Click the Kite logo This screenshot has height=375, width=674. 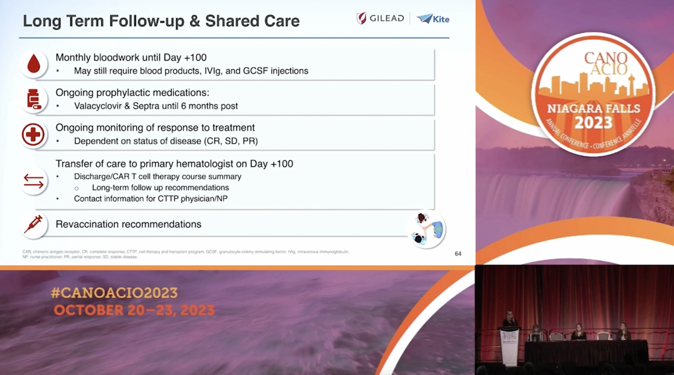point(433,19)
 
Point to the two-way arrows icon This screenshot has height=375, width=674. point(33,181)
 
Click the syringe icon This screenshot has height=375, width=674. point(33,224)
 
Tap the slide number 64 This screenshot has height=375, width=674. point(458,254)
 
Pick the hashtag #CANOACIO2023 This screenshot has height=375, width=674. point(114,293)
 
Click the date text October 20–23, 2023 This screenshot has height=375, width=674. point(134,310)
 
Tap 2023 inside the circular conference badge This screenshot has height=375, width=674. point(593,122)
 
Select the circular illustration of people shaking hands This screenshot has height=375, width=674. point(426,229)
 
